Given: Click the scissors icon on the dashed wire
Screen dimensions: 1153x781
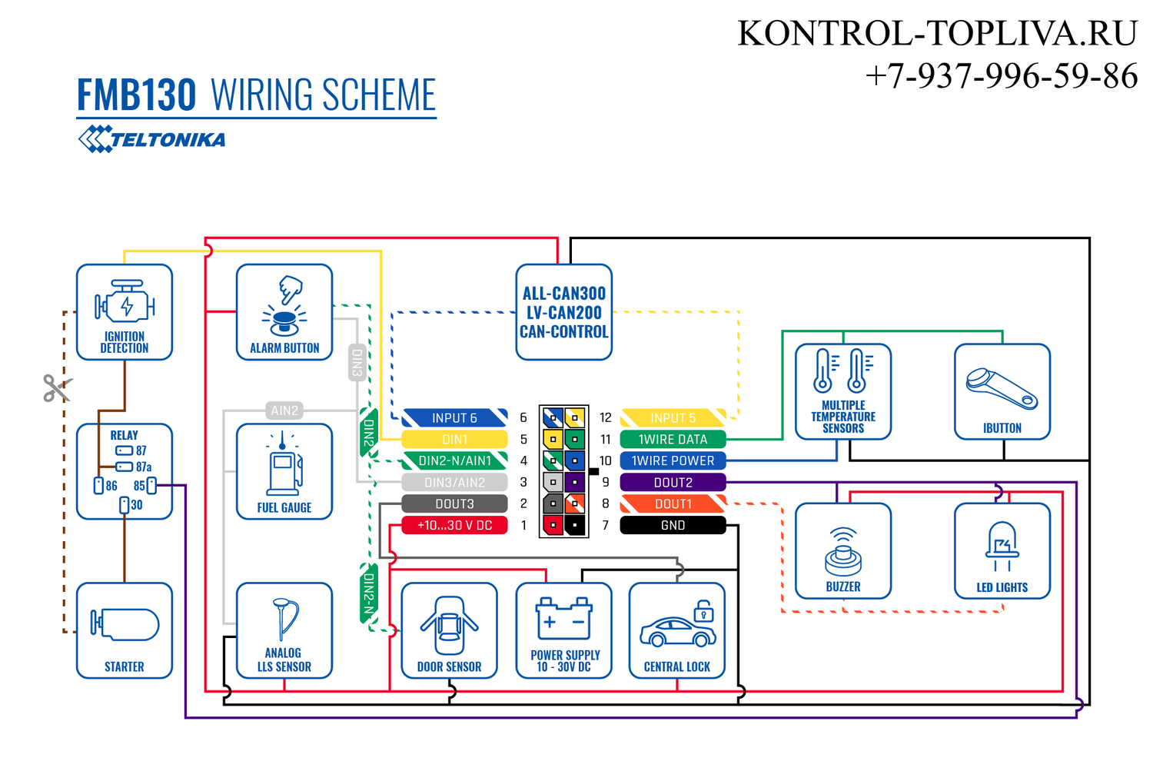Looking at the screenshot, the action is [x=58, y=387].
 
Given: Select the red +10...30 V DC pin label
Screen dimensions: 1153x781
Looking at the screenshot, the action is [x=454, y=526].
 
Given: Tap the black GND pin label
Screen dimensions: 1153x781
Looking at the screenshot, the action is [x=673, y=526].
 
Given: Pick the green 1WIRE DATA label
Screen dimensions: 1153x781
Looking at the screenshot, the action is [x=673, y=440].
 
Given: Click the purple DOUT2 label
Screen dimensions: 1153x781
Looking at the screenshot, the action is [x=673, y=483].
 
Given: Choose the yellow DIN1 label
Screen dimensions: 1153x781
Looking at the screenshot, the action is [x=454, y=440].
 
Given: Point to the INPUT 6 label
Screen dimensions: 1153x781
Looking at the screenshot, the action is [x=454, y=418].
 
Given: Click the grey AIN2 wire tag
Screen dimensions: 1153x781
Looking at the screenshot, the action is [x=284, y=410].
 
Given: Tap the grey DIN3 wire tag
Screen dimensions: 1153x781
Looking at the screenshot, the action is [x=357, y=362].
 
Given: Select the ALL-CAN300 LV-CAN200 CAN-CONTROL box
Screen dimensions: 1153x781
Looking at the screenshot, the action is [x=563, y=313].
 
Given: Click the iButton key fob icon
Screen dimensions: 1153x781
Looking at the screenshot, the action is [x=1001, y=389].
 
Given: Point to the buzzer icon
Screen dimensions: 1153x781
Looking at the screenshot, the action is [x=843, y=551].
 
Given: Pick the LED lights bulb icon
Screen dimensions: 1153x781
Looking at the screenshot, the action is [x=1002, y=547].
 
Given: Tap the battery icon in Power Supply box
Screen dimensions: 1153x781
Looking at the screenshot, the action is [x=563, y=618].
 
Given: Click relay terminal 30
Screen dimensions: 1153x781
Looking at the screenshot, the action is [x=124, y=505].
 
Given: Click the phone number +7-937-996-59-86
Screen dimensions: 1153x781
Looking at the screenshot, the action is [x=1001, y=76].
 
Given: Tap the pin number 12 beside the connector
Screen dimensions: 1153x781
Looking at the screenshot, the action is [x=606, y=418].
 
